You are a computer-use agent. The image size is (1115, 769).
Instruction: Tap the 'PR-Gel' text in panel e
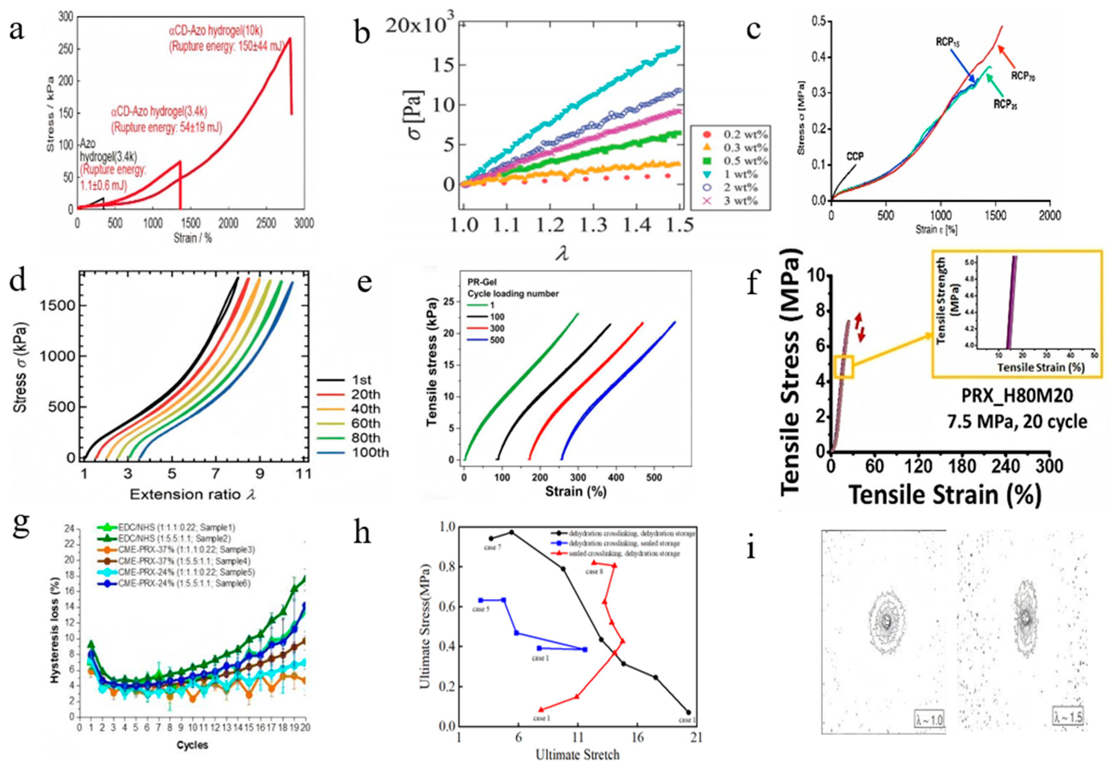(482, 282)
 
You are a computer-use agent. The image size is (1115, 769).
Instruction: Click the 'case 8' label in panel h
(594, 572)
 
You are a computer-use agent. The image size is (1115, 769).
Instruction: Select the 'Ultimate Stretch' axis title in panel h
(578, 754)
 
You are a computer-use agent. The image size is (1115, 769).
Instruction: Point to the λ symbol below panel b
(562, 253)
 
